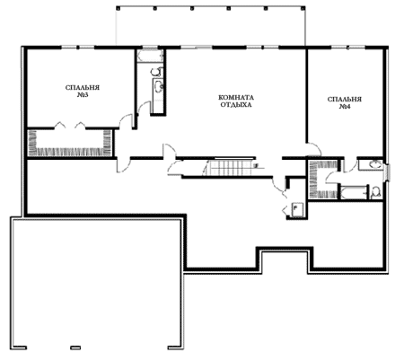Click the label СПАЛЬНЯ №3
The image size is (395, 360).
83,92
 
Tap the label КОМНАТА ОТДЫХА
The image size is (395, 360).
236,101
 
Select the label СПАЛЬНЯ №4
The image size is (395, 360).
345,102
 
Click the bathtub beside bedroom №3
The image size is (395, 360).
150,56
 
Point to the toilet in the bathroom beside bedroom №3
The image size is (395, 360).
156,72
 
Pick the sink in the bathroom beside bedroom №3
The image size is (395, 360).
158,87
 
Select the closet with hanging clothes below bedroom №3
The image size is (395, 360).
70,143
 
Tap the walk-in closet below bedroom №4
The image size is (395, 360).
323,180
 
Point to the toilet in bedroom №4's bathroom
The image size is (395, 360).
376,192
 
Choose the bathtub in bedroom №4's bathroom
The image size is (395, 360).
353,192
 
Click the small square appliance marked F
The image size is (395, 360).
297,209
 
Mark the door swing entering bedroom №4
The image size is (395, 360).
314,149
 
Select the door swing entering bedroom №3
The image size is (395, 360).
126,122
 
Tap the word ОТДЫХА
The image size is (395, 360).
236,105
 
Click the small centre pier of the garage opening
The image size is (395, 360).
75,347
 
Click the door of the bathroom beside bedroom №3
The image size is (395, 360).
144,108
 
